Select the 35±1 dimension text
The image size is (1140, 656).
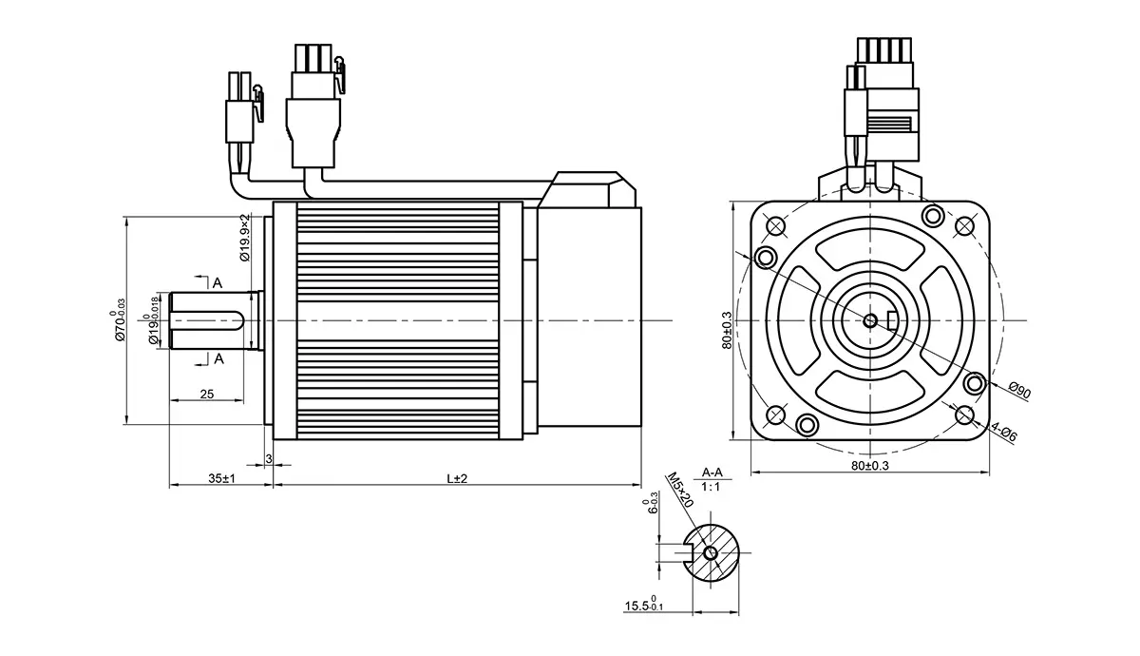click(x=221, y=478)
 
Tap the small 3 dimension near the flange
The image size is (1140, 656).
click(x=269, y=459)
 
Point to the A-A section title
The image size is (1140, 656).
click(x=711, y=472)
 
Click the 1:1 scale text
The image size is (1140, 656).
click(x=711, y=487)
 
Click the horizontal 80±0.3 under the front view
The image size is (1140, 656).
click(x=870, y=466)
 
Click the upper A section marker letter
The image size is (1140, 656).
click(x=218, y=283)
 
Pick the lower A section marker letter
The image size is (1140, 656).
click(x=218, y=358)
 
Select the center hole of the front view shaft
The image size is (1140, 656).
click(x=870, y=320)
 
